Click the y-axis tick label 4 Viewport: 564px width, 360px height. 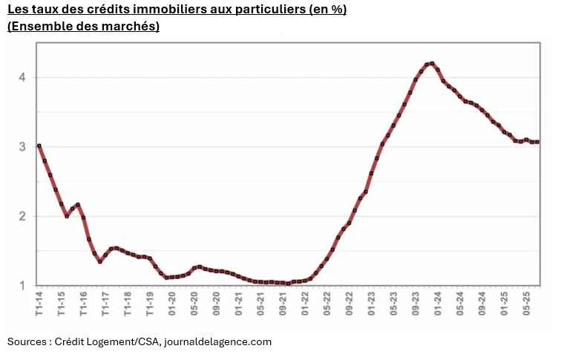(x=23, y=77)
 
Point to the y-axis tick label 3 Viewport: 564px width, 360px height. (x=23, y=147)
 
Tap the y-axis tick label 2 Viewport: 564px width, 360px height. (x=23, y=216)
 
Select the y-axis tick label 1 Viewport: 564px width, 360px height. (x=23, y=286)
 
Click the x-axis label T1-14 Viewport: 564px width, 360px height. (x=39, y=304)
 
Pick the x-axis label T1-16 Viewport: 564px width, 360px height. (x=83, y=304)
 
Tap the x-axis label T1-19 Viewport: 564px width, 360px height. (x=150, y=304)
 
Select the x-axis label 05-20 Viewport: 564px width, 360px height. (x=194, y=304)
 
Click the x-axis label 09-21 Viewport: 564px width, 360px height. (x=283, y=304)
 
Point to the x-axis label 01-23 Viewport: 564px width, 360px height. (x=371, y=304)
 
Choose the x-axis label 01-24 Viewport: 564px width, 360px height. (x=438, y=304)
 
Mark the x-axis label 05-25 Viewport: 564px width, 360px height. (x=526, y=304)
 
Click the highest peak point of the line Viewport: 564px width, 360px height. (x=432, y=64)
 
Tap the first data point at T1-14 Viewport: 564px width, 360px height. (x=39, y=145)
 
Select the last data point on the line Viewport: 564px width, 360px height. (x=537, y=142)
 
